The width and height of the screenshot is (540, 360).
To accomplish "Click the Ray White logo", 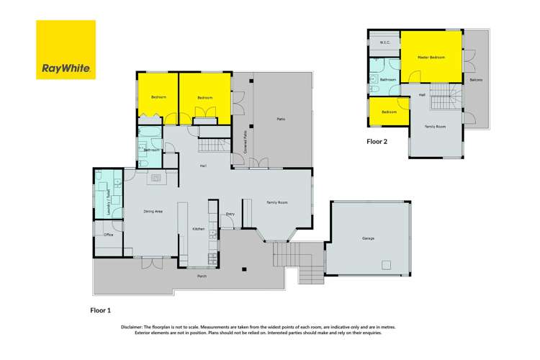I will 66,51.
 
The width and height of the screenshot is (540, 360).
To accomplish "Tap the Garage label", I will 368,238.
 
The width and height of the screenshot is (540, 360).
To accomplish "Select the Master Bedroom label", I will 431,56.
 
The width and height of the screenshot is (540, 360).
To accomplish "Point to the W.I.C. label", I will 384,43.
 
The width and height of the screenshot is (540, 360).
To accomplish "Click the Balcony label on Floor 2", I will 476,79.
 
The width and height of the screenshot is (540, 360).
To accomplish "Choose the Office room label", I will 109,235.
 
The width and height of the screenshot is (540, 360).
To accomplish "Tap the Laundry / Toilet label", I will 108,204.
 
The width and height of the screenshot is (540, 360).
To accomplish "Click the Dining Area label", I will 153,211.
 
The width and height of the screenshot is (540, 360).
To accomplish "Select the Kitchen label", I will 198,229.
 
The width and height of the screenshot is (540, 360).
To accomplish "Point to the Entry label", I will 230,214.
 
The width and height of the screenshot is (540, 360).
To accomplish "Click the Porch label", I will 203,276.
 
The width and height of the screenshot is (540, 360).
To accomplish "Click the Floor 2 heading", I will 377,142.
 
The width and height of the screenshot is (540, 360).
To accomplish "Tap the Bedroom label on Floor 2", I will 389,112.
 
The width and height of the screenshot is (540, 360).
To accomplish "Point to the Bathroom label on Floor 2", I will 389,79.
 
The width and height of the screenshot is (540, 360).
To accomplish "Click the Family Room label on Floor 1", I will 277,203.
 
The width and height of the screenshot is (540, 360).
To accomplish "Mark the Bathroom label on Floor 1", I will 151,150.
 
